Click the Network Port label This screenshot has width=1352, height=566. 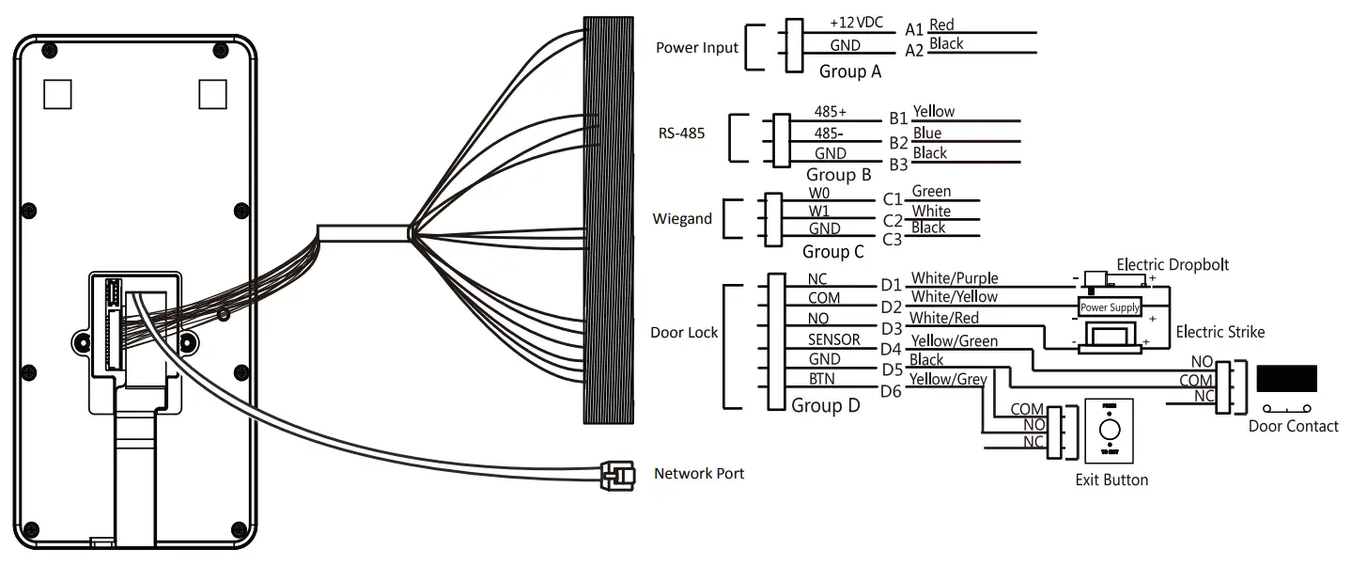point(698,474)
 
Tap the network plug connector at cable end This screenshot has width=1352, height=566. point(612,475)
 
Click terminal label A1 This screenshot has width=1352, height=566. point(913,30)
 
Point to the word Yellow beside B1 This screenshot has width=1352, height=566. point(933,111)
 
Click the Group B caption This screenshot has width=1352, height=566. point(838,175)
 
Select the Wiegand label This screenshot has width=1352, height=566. point(682,219)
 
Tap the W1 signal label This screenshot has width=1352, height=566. point(818,212)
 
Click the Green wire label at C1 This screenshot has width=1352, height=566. point(931,192)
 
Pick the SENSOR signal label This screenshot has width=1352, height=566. point(833,339)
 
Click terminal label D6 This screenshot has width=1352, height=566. point(890,391)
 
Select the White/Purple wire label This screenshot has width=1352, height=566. point(955,278)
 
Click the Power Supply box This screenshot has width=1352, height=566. point(1110,307)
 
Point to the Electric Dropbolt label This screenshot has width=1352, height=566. point(1172,265)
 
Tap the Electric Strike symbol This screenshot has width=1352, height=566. point(1110,337)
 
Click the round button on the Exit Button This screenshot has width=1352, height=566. point(1110,430)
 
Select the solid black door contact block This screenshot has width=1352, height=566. point(1286,378)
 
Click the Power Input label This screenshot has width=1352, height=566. point(696,48)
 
